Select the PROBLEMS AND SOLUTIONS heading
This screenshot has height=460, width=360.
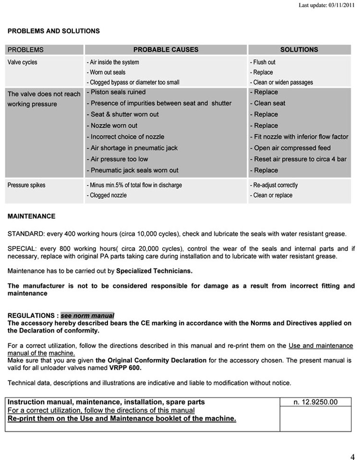point(54,31)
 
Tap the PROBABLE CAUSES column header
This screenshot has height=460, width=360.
point(166,49)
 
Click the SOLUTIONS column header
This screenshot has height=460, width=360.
point(299,49)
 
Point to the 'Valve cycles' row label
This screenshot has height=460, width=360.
point(22,62)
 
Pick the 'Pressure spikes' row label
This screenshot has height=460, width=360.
point(26,185)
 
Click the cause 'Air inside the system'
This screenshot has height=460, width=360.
point(113,62)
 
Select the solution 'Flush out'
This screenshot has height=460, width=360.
point(263,62)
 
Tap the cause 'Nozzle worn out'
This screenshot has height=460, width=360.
point(112,126)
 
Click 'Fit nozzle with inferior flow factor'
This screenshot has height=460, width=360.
point(299,137)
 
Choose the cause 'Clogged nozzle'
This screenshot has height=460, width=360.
point(107,195)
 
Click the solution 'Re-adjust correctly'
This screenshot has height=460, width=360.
point(274,185)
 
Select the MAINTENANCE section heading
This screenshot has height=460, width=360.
point(32,216)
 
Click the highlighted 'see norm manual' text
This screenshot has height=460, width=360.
point(87,316)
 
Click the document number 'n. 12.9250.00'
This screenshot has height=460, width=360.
point(315,402)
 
